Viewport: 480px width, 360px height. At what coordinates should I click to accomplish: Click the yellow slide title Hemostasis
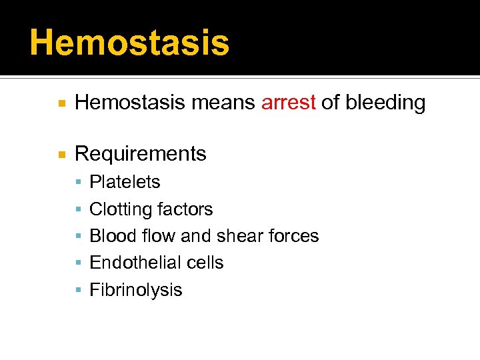tap(129, 43)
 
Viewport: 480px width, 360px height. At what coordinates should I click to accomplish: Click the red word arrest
tap(288, 103)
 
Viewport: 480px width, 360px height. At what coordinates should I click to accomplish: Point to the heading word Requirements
tap(141, 154)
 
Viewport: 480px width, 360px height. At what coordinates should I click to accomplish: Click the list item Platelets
tap(125, 182)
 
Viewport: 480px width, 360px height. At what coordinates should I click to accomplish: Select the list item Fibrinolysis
tap(135, 290)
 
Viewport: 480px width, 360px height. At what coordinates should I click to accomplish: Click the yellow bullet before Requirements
tap(61, 155)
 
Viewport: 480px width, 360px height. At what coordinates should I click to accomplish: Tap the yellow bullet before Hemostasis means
tap(61, 103)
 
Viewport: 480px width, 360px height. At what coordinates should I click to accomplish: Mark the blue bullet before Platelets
tap(79, 183)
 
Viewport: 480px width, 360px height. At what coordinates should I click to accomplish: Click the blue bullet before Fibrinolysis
tap(79, 291)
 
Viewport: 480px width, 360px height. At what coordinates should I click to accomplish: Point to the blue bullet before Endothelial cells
tap(79, 263)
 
